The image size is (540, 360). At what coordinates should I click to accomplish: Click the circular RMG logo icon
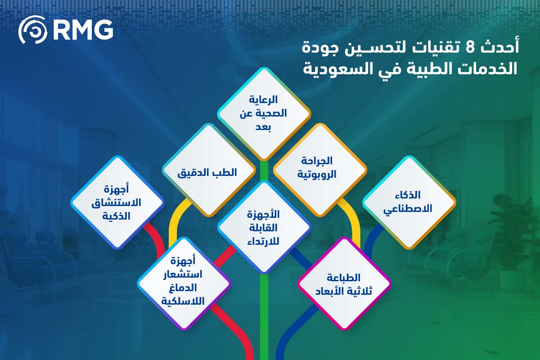click(x=32, y=30)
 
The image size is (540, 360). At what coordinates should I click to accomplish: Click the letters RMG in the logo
click(x=83, y=30)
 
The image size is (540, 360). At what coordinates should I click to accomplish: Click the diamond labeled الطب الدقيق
click(x=208, y=172)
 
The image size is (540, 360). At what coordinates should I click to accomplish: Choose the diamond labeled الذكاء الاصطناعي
click(x=409, y=202)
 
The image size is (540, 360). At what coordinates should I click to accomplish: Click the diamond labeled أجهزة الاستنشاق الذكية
click(x=117, y=202)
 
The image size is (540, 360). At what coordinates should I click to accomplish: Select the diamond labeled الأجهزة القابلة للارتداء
click(x=264, y=227)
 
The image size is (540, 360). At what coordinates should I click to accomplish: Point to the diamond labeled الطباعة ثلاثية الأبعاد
click(x=345, y=283)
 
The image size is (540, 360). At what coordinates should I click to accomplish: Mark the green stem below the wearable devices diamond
click(x=264, y=315)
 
